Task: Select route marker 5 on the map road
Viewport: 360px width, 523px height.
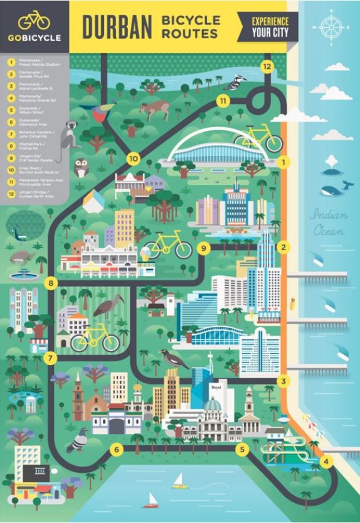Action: [x=242, y=449]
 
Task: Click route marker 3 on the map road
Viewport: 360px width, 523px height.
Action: [x=283, y=381]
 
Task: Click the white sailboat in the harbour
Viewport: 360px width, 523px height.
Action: [x=179, y=481]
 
